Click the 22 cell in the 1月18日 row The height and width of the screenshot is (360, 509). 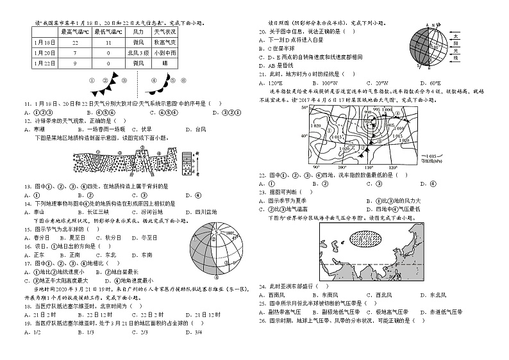click(75, 42)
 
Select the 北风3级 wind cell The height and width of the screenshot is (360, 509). click(135, 53)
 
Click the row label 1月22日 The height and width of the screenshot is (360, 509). click(41, 63)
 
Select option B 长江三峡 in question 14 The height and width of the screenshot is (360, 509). click(77, 211)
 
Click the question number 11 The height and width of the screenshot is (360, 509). click(28, 102)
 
